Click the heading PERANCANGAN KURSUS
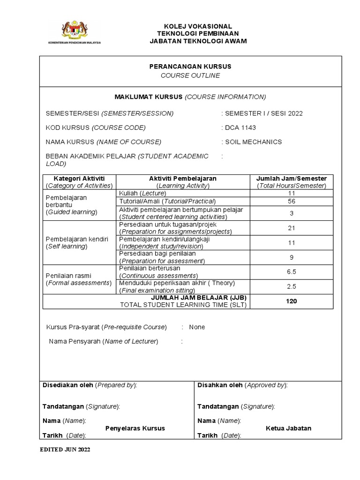click(x=190, y=67)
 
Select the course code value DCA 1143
click(x=240, y=127)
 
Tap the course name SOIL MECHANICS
click(x=254, y=142)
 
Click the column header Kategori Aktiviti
click(x=79, y=179)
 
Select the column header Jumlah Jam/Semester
click(x=291, y=179)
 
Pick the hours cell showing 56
click(x=291, y=201)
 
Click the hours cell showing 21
click(x=291, y=228)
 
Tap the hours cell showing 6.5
click(x=291, y=272)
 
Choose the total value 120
click(x=291, y=301)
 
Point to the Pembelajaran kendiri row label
click(x=77, y=243)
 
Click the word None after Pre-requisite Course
click(x=197, y=327)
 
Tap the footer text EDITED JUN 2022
click(x=64, y=449)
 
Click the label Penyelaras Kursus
click(x=135, y=428)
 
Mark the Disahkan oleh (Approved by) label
click(x=242, y=385)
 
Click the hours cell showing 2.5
click(x=291, y=286)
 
